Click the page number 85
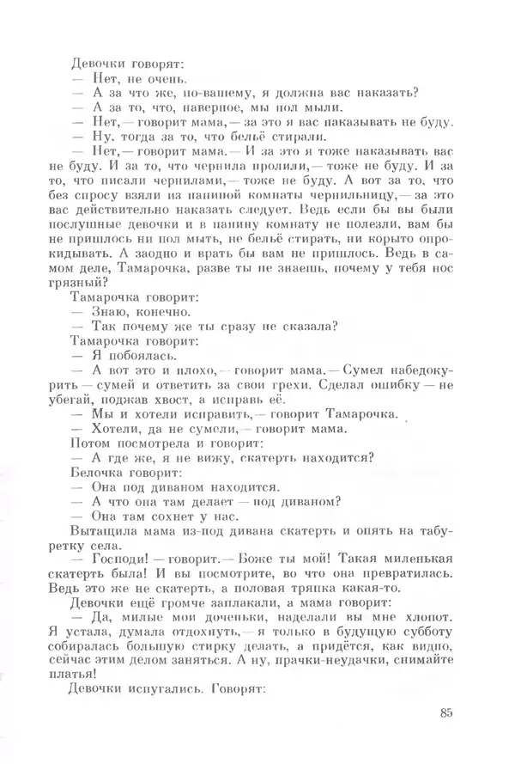444,712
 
